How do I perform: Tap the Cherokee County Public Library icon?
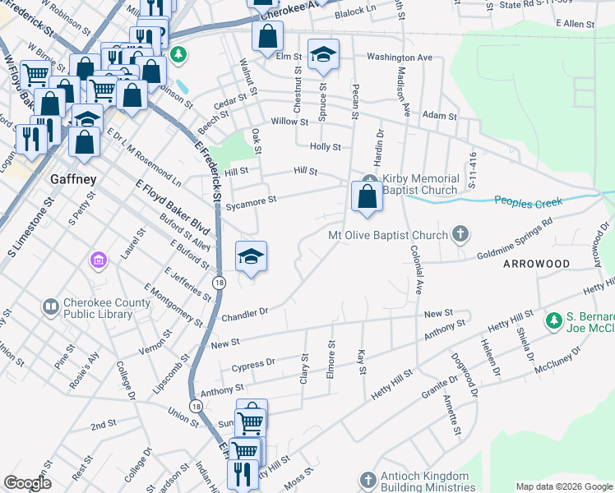point(50,307)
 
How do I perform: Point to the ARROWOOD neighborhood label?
point(536,264)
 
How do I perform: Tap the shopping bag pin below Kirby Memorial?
point(367,196)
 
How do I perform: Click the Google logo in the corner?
point(27,483)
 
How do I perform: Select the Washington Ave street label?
point(399,58)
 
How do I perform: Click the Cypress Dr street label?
point(253,362)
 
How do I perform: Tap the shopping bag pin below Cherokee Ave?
point(268,36)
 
